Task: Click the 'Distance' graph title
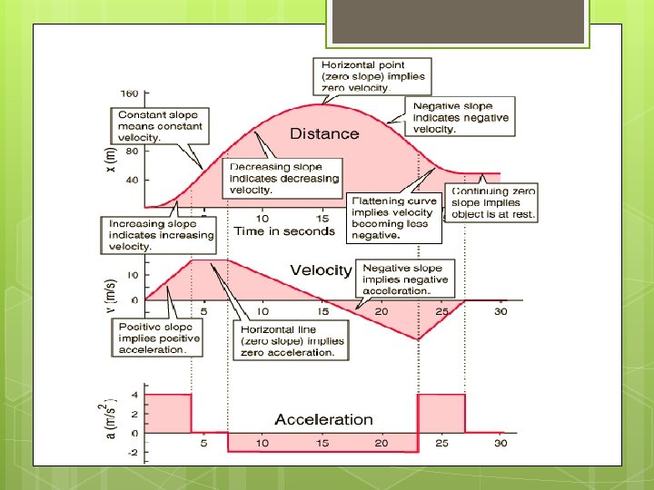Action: pos(324,133)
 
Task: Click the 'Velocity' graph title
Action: pos(321,270)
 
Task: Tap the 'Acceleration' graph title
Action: pos(324,419)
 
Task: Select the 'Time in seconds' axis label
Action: pos(284,230)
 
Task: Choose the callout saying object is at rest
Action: pos(493,202)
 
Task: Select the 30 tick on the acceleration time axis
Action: pos(500,443)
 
